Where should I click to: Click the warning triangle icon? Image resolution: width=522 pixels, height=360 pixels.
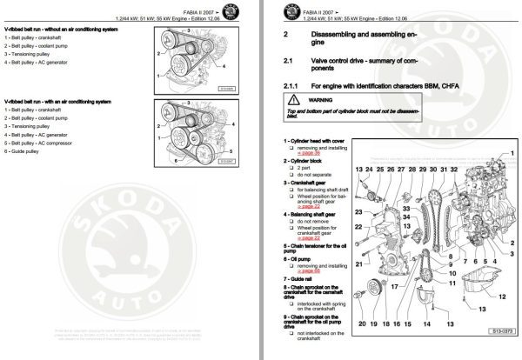click(x=290, y=101)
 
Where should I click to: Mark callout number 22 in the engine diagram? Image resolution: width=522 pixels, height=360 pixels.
click(x=358, y=225)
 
